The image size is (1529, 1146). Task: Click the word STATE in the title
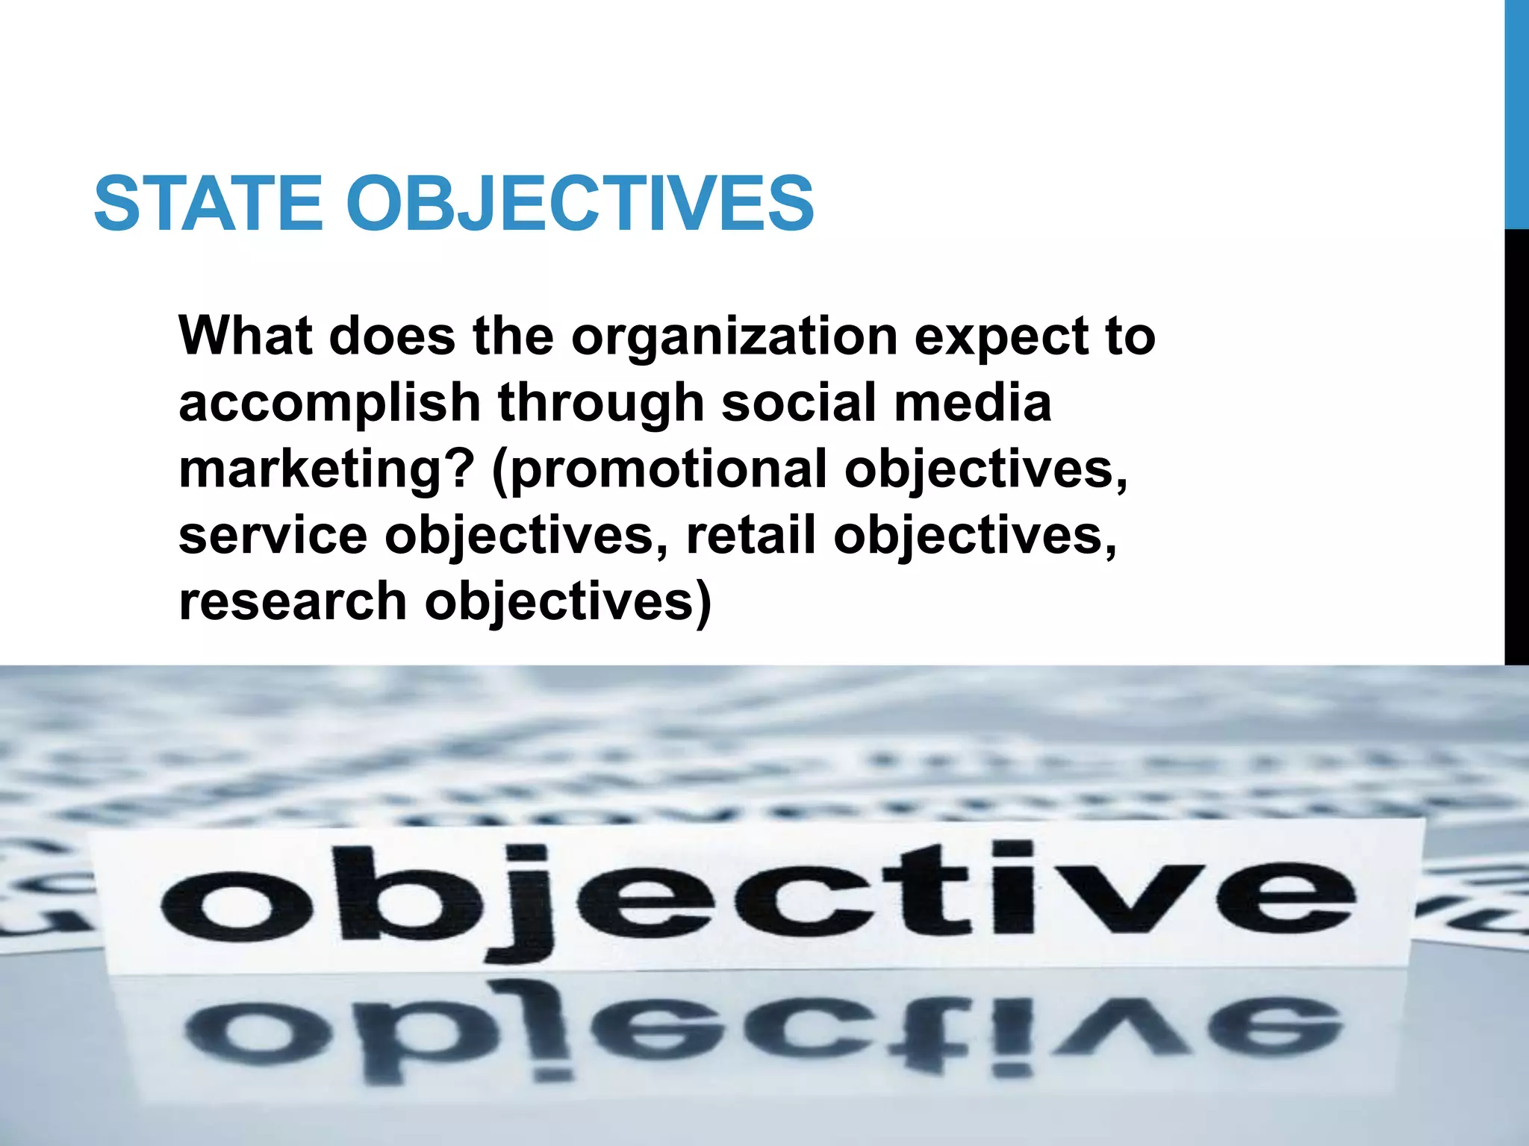pos(208,203)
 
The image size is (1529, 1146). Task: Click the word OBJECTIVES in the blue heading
pos(580,203)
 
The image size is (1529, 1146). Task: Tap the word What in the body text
pos(245,336)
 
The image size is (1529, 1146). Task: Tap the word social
pos(798,403)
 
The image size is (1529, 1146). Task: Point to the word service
pos(273,536)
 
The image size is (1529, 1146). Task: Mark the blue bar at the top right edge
pos(1516,112)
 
